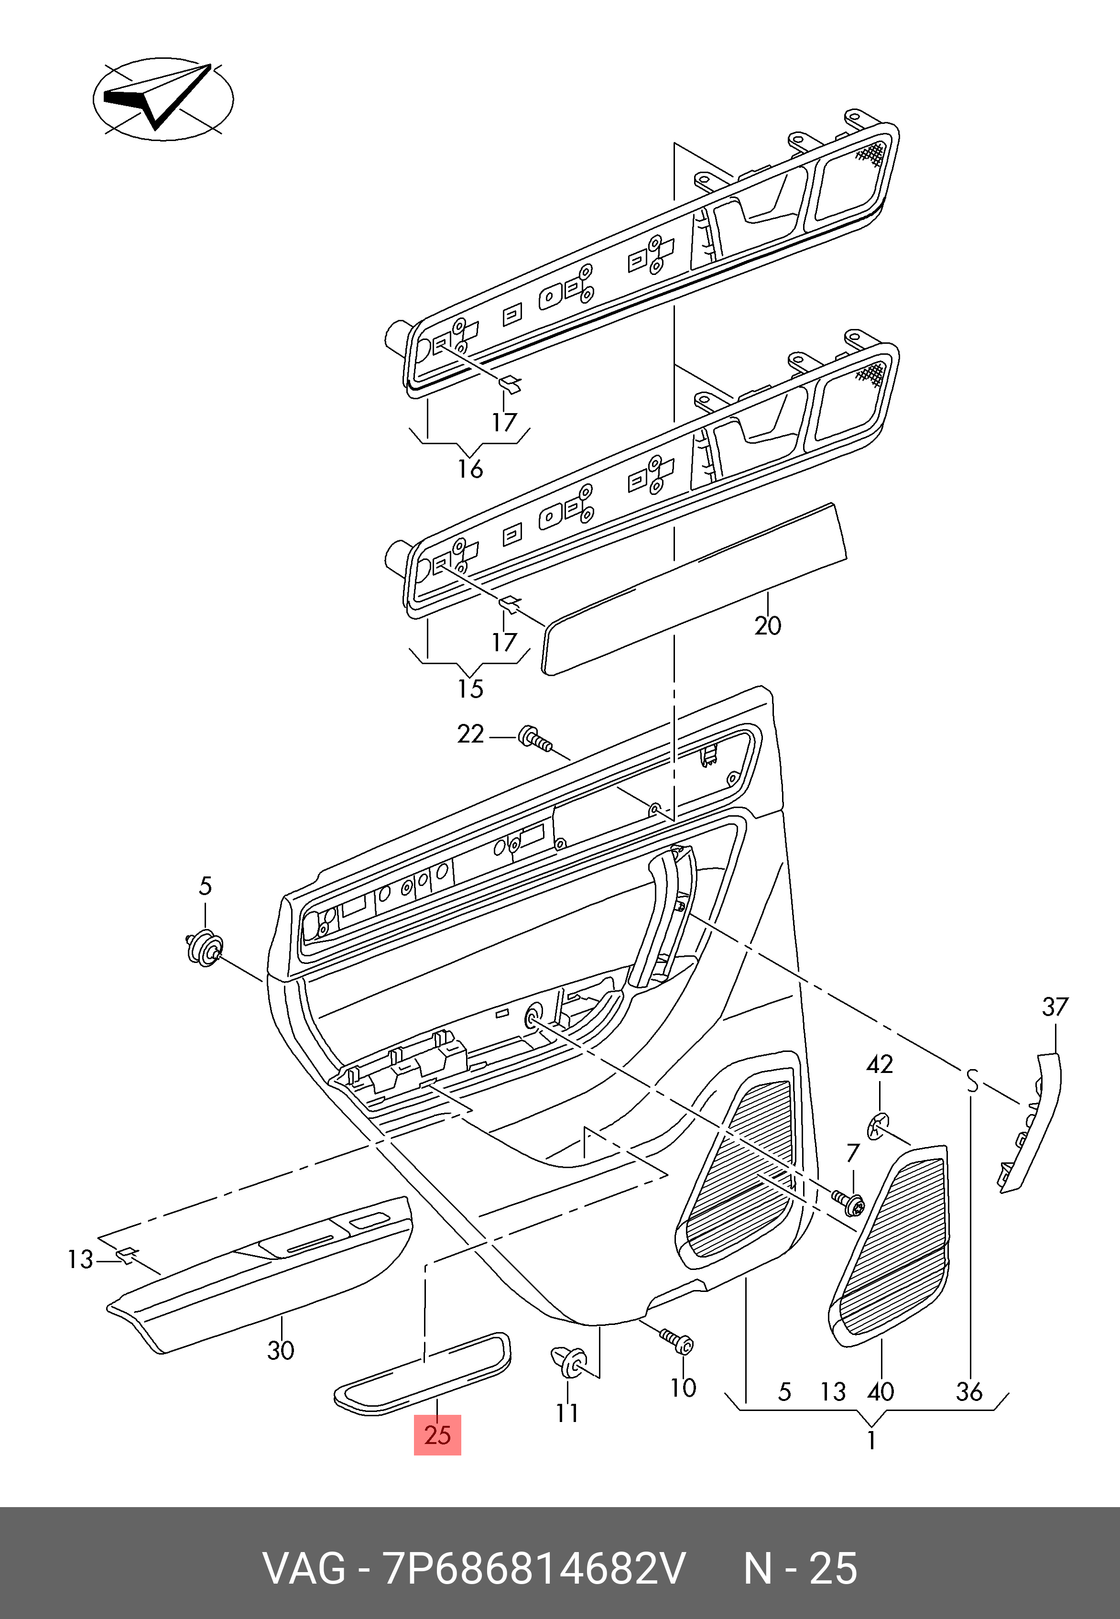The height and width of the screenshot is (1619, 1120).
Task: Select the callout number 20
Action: [768, 625]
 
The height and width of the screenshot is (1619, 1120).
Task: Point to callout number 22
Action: [470, 734]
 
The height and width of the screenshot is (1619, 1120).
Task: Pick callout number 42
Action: [879, 1065]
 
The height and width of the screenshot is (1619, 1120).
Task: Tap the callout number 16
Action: [470, 468]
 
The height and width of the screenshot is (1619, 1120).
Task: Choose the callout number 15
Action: [470, 689]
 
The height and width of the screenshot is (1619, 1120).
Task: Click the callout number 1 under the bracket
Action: [871, 1440]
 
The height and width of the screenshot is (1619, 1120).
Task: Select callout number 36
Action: [969, 1391]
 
